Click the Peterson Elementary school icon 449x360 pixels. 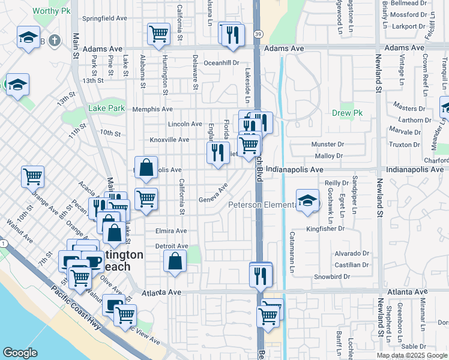(307, 201)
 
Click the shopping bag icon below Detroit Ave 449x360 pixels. (174, 262)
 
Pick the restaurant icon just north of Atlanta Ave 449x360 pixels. (261, 275)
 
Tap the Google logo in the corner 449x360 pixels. (20, 353)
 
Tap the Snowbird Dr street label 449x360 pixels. (333, 277)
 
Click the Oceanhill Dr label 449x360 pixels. (221, 62)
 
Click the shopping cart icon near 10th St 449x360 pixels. (33, 176)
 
